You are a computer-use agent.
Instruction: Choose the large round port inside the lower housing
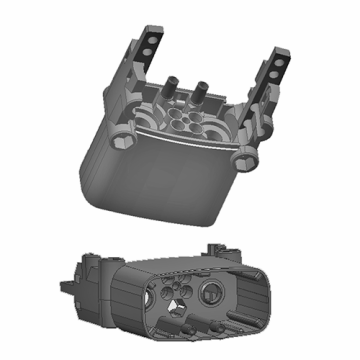[x=211, y=292]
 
